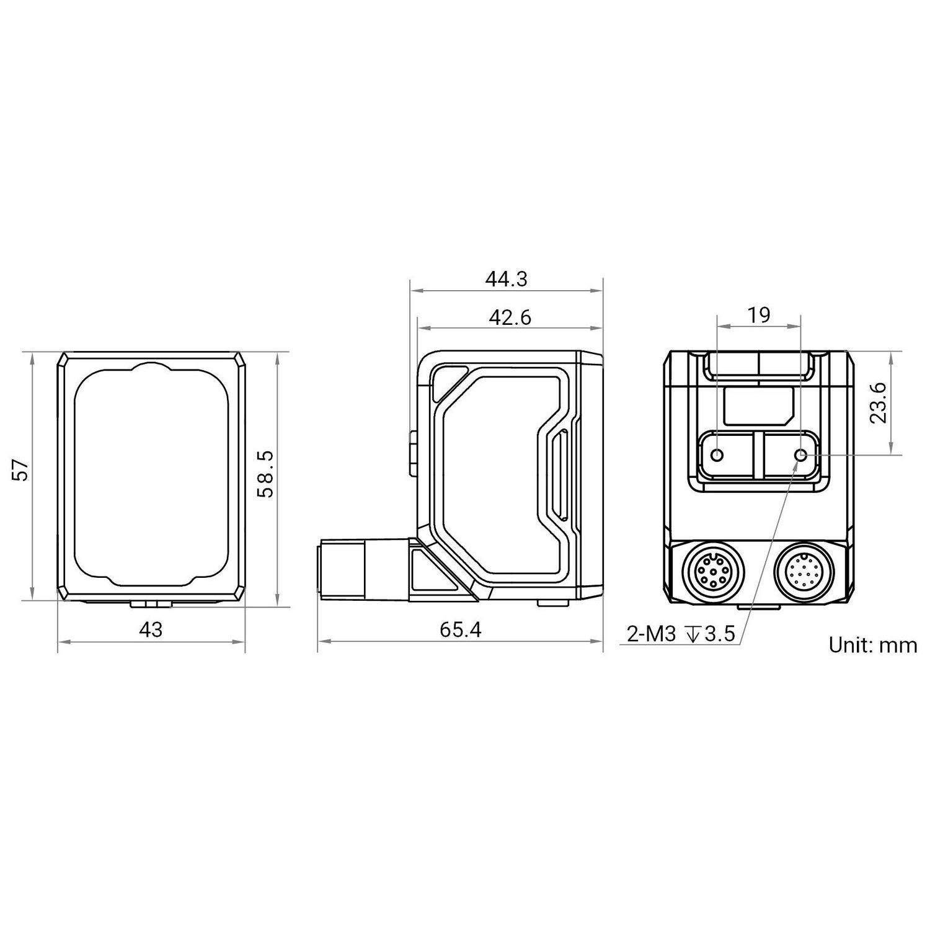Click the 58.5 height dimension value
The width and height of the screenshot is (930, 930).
click(265, 474)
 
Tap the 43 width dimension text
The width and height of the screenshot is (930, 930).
click(151, 630)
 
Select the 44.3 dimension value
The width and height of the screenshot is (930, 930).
click(506, 280)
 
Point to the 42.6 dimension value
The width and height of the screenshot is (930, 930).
click(510, 317)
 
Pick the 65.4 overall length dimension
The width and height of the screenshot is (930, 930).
click(460, 630)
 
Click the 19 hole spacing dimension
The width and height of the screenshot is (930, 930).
click(758, 316)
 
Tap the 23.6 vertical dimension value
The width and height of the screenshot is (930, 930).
click(877, 402)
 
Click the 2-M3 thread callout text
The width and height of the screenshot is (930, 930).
click(650, 634)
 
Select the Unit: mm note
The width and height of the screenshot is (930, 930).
click(872, 645)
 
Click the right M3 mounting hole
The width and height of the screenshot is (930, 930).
click(800, 456)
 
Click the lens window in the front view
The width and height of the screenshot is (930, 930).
click(151, 474)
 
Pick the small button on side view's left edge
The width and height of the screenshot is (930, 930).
click(414, 454)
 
